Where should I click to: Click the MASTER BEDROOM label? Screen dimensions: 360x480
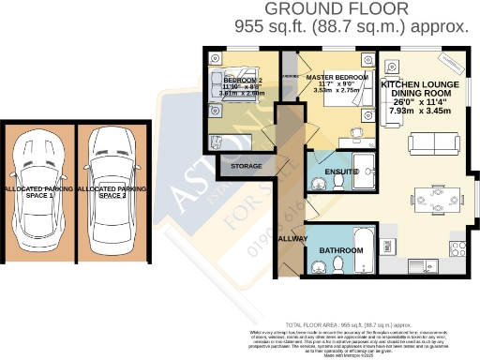[335, 76]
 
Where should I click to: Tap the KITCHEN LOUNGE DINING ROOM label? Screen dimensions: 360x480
[419, 90]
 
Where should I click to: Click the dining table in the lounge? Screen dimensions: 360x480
[439, 198]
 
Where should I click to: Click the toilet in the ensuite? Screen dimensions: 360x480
[317, 172]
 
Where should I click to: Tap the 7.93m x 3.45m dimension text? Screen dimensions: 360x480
[419, 112]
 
